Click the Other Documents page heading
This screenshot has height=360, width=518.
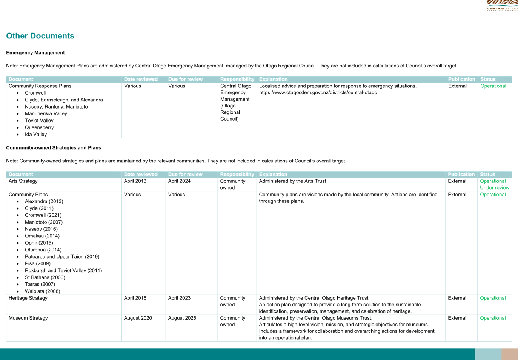[40, 36]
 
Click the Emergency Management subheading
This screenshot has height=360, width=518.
[35, 53]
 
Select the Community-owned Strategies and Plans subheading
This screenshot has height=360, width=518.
[54, 148]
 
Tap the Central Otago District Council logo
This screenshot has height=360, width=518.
[502, 6]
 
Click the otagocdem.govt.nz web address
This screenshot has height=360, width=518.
[318, 93]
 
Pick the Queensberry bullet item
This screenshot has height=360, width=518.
[39, 127]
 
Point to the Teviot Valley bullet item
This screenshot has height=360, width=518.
[39, 121]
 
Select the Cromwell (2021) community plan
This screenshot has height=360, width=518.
[43, 215]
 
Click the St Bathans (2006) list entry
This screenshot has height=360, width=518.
[45, 277]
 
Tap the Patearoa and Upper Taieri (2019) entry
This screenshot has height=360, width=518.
[62, 257]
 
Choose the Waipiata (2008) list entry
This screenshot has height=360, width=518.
[43, 291]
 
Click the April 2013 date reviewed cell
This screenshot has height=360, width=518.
[135, 181]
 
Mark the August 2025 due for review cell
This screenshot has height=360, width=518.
[182, 318]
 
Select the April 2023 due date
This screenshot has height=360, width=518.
[179, 298]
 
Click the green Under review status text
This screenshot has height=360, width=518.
[495, 188]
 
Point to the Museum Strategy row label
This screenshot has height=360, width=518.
[28, 318]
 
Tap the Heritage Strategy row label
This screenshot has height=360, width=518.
[28, 298]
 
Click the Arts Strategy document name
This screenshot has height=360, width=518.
[23, 181]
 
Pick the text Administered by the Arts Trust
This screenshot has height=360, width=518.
[292, 181]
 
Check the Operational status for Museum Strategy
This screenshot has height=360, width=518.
[493, 318]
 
